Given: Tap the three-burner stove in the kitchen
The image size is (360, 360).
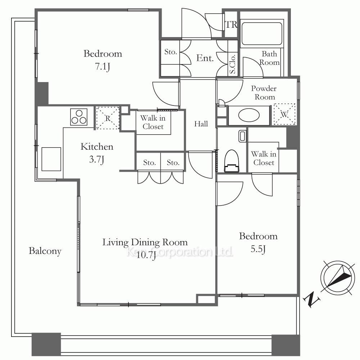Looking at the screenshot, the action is point(79,117).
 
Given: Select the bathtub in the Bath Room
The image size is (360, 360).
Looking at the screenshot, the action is point(262,33).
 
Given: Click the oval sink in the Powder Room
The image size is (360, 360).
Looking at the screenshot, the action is point(249,115).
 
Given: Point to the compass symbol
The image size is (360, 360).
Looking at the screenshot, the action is point(338,278).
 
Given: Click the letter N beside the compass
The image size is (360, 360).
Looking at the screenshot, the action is point(311,299).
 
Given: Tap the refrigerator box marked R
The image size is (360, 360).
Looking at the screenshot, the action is point(108,118).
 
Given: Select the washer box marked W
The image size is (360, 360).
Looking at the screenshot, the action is point(284,114).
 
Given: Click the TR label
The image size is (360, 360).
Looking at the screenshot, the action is point(231,24).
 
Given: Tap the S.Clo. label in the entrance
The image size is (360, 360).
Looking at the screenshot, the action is point(232,64).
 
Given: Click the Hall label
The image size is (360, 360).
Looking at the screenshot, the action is point(201,124).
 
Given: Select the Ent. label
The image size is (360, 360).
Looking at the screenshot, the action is point(205,58).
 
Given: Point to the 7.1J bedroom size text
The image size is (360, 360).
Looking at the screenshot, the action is point(102,67).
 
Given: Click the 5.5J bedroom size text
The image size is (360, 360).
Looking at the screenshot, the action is point(258,249).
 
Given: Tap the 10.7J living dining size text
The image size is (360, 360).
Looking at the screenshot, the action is point(146,255).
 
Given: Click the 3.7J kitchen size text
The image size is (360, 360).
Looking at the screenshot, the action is point(96,159).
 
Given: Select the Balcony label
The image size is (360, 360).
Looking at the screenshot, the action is point(45,251).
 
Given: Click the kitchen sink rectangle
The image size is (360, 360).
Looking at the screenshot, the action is point(51,159).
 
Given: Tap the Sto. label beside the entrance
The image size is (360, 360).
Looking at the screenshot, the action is point(171,52).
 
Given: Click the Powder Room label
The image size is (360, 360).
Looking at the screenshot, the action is point(264,93).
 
